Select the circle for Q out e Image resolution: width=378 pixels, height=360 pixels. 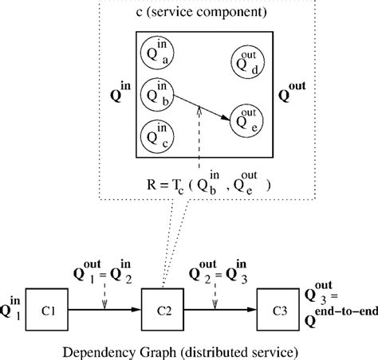point(246,119)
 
